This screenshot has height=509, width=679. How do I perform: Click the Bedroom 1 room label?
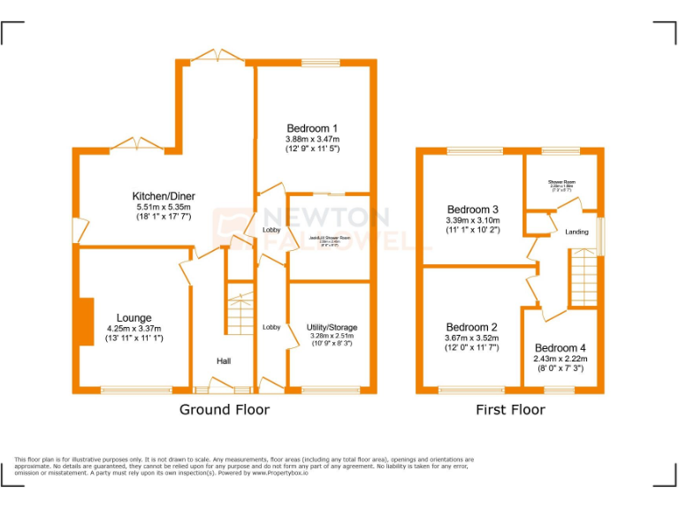click(312, 128)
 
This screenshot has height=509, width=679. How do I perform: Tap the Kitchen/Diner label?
click(164, 196)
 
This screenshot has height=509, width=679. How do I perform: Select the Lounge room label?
click(134, 318)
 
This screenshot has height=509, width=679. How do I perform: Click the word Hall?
click(225, 361)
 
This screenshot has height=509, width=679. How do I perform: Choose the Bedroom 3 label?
click(473, 209)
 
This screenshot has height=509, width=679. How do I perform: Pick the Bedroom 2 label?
click(471, 327)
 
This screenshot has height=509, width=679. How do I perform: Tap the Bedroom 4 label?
click(560, 348)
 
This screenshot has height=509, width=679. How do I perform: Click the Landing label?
click(577, 232)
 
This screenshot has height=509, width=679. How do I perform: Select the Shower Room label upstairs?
click(561, 182)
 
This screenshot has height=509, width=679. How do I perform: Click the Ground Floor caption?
click(225, 410)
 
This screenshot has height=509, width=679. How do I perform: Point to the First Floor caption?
click(510, 410)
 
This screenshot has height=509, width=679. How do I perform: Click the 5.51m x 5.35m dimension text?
click(164, 207)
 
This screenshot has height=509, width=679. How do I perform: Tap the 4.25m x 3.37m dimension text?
click(134, 329)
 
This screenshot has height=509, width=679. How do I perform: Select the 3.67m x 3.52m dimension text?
click(471, 338)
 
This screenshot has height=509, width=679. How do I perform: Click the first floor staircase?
click(583, 277)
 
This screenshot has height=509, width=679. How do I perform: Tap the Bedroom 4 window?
click(560, 390)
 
